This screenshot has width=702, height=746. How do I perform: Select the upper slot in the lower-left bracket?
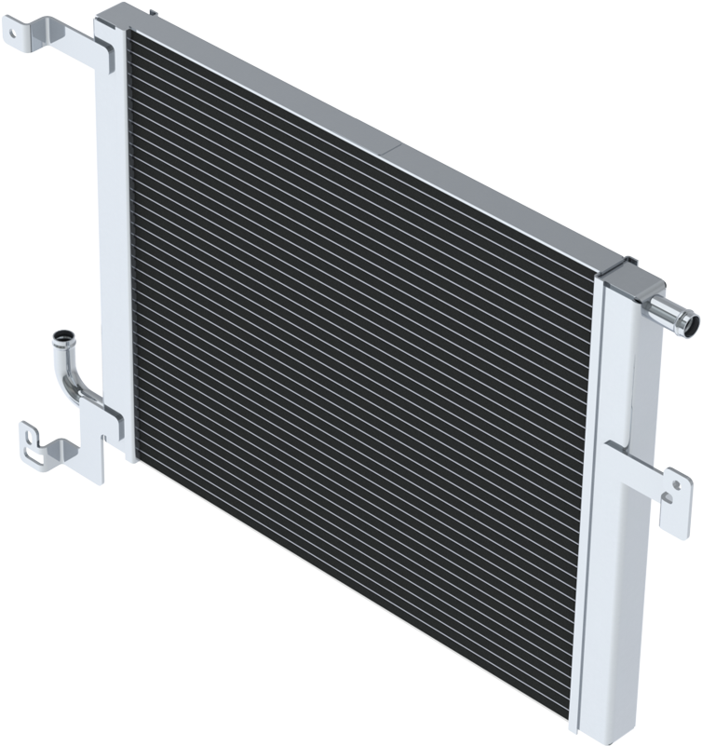tap(34, 433)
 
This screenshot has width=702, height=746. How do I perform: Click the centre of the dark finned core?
tap(363, 373)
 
